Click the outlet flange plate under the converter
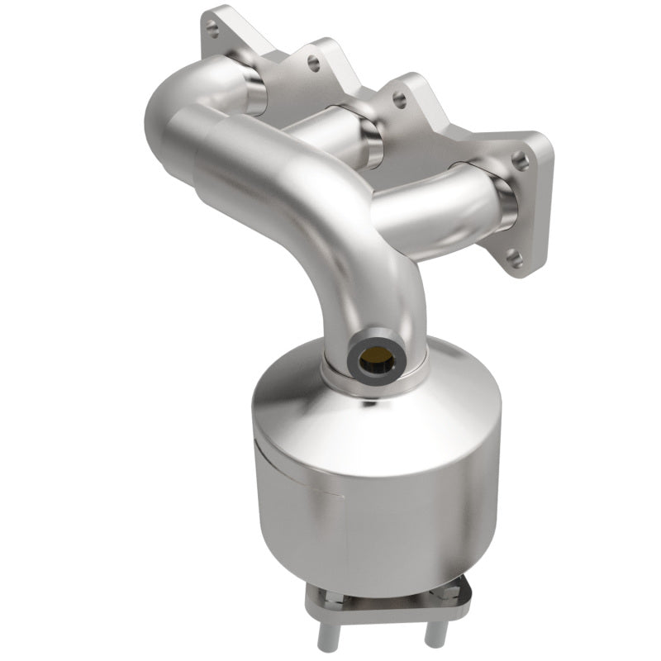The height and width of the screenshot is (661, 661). coord(364,599)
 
